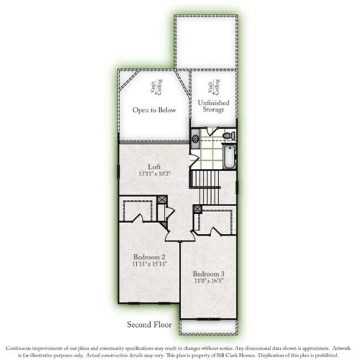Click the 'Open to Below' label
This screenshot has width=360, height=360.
tap(154, 110)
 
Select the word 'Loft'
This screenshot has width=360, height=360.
tap(154, 166)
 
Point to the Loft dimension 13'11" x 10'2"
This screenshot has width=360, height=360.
tap(154, 173)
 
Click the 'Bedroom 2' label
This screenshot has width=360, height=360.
tap(149, 257)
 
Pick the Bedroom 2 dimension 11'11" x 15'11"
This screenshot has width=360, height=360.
tap(149, 264)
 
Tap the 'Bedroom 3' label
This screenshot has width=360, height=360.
tap(208, 274)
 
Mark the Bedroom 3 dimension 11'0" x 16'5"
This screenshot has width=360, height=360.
tap(208, 281)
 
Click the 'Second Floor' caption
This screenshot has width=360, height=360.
tap(150, 325)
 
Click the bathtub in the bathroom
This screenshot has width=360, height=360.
tap(229, 156)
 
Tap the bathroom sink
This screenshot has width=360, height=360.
tap(196, 138)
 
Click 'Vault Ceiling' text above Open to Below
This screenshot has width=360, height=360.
tap(152, 88)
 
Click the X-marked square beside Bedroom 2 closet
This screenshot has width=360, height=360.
tap(161, 200)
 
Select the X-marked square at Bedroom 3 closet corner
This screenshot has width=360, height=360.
tap(196, 209)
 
